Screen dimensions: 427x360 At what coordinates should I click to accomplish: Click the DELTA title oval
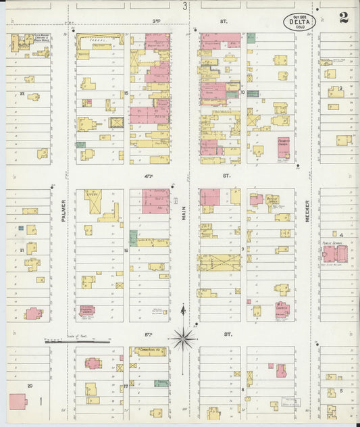299,23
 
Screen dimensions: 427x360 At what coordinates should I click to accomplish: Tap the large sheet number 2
344,18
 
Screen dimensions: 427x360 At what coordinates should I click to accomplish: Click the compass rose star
183,336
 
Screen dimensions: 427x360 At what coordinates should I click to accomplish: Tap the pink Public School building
335,254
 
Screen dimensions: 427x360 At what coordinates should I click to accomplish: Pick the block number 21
22,250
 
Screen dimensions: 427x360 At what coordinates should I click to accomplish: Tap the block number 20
29,385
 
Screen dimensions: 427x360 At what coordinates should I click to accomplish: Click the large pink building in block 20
17,401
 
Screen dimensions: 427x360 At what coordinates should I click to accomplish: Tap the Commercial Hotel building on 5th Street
149,352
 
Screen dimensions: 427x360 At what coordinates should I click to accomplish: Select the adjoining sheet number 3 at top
184,6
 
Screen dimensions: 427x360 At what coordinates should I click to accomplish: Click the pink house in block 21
33,313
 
